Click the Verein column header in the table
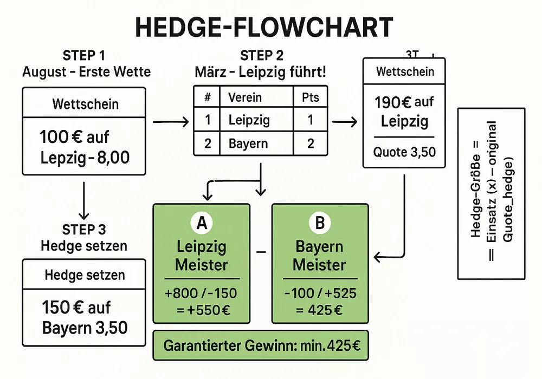[245, 97]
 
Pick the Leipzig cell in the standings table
[248, 120]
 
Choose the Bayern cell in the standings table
[248, 144]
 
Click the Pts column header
[310, 97]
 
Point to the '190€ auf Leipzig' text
[404, 110]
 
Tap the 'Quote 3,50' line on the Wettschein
[404, 152]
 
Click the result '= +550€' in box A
[202, 311]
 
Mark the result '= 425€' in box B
[320, 311]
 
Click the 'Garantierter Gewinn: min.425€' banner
[261, 345]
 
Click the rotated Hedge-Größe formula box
[491, 193]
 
